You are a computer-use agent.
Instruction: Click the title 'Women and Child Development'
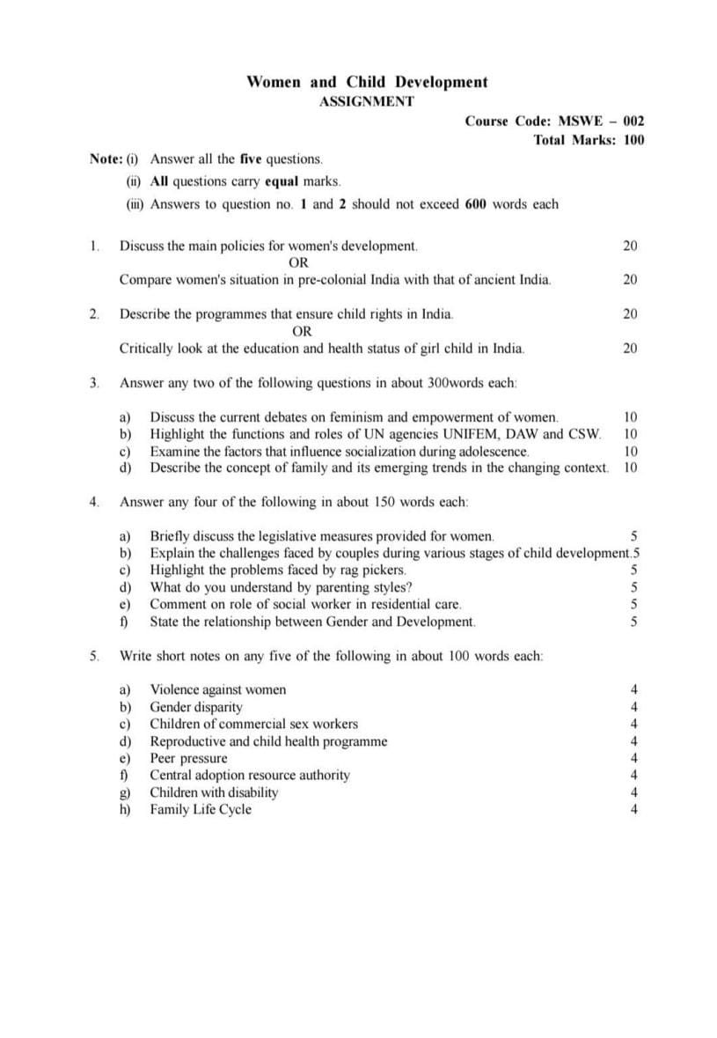(367, 82)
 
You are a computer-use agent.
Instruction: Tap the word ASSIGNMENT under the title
(366, 101)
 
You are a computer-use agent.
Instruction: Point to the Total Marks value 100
(633, 139)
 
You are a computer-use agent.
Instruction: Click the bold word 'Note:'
(106, 159)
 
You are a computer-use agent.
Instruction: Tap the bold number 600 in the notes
(476, 204)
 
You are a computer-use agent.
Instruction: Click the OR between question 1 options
(298, 262)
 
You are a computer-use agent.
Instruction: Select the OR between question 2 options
(302, 331)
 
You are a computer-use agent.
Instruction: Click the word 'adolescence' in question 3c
(487, 451)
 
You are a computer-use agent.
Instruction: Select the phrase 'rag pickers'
(374, 571)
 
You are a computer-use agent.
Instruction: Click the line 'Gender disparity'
(196, 707)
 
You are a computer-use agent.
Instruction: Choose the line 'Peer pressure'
(188, 758)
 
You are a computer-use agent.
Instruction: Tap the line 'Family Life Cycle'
(201, 810)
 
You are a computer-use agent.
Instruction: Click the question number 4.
(93, 502)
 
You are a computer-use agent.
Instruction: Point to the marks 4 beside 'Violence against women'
(634, 689)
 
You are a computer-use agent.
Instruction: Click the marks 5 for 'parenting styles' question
(634, 587)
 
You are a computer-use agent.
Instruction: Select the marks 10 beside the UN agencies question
(630, 433)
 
